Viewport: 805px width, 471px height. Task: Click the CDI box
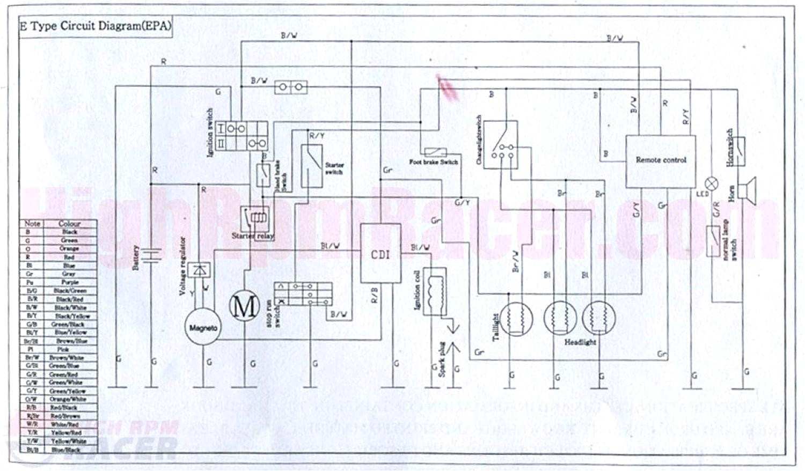coord(380,253)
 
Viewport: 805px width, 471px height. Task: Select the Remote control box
coord(661,160)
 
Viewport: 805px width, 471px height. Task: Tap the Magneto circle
coord(203,327)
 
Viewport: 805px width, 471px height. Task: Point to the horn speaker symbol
coord(747,189)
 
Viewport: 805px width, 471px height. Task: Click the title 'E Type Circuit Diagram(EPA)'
coord(96,26)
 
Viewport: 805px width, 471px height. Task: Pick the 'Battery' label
coord(136,257)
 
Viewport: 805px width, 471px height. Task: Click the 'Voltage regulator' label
coord(182,266)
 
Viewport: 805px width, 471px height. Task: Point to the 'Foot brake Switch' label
coord(434,162)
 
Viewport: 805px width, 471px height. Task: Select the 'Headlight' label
coord(580,342)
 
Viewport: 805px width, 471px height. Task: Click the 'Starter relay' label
coord(253,236)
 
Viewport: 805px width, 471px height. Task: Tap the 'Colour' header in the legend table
coord(70,224)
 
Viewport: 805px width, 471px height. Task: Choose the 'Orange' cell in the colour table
coord(69,249)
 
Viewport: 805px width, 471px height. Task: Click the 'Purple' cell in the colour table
coord(70,282)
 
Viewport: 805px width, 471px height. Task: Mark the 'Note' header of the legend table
coord(32,224)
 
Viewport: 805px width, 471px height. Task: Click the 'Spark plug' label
coord(442,359)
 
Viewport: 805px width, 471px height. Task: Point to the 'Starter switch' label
coord(334,168)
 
